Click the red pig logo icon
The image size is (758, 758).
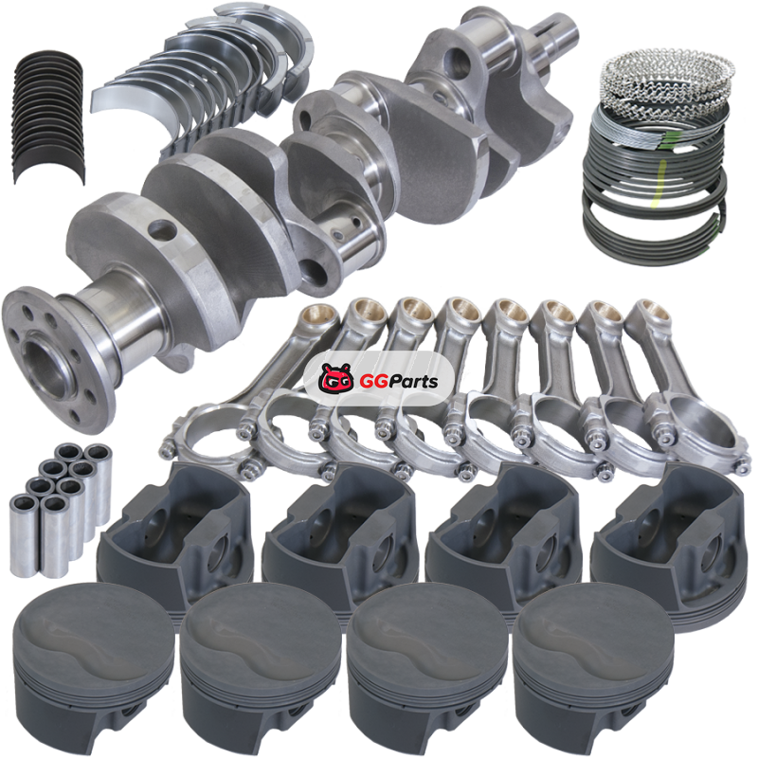(336, 378)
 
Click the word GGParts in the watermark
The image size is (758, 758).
(398, 382)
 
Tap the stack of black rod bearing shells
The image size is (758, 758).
(48, 116)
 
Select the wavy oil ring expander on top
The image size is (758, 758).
(667, 78)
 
